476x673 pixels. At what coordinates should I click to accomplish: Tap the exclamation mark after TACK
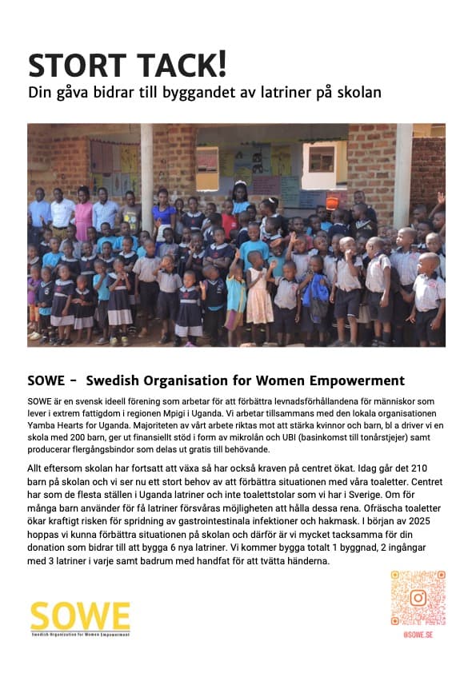(222, 62)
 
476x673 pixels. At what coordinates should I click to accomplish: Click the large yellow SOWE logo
(80, 616)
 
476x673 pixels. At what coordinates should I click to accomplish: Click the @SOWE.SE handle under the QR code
(418, 634)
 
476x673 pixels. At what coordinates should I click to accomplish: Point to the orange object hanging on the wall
(332, 202)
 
